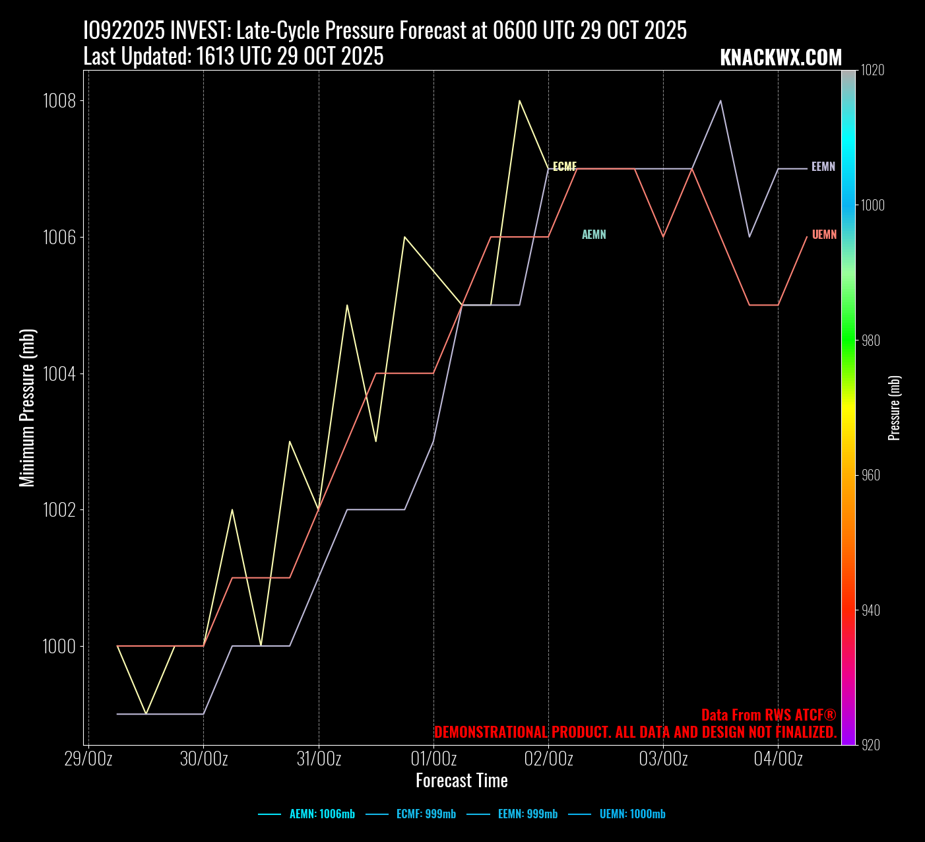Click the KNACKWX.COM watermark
pyautogui.click(x=781, y=58)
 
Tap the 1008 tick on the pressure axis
pyautogui.click(x=59, y=101)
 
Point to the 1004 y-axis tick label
pyautogui.click(x=59, y=374)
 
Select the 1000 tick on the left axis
pyautogui.click(x=59, y=647)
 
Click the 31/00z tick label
pyautogui.click(x=319, y=759)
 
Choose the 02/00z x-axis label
pyautogui.click(x=548, y=759)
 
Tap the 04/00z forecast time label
pyautogui.click(x=778, y=759)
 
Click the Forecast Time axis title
pyautogui.click(x=462, y=781)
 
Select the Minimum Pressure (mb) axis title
pyautogui.click(x=27, y=408)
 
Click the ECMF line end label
pyautogui.click(x=565, y=166)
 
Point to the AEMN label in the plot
pyautogui.click(x=594, y=234)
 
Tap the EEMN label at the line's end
pyautogui.click(x=823, y=167)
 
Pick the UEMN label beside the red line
pyautogui.click(x=824, y=234)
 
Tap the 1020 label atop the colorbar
pyautogui.click(x=873, y=71)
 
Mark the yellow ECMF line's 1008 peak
pyautogui.click(x=519, y=101)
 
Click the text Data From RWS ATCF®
pyautogui.click(x=769, y=715)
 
